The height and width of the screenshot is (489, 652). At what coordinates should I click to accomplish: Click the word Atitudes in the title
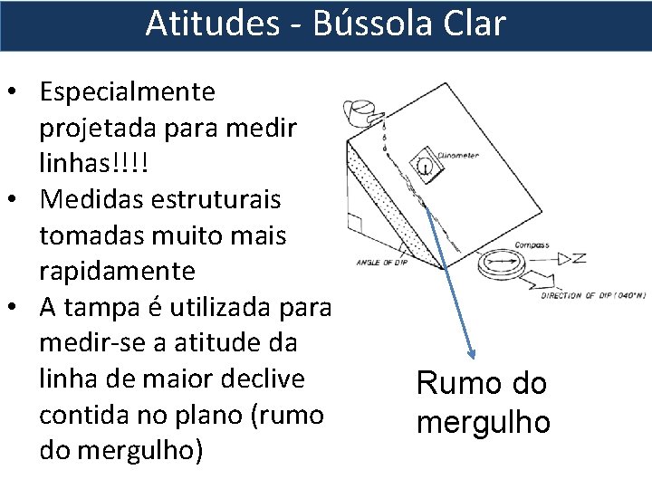click(x=212, y=24)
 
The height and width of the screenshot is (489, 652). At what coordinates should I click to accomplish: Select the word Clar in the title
click(x=473, y=24)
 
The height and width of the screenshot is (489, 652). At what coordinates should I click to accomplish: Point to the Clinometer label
click(x=460, y=155)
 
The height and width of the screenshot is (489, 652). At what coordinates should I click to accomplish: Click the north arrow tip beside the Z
click(x=562, y=259)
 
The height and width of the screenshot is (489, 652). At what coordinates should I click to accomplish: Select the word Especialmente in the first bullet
click(x=128, y=91)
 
